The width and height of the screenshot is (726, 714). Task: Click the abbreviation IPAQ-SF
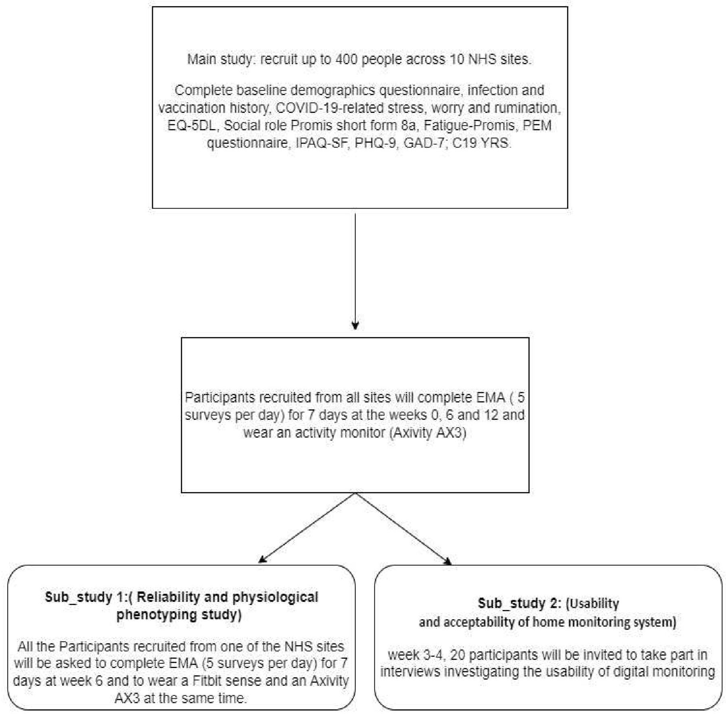point(321,143)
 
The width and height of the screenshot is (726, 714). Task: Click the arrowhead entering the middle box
point(355,325)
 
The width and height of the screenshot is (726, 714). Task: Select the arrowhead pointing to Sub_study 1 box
point(262,559)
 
